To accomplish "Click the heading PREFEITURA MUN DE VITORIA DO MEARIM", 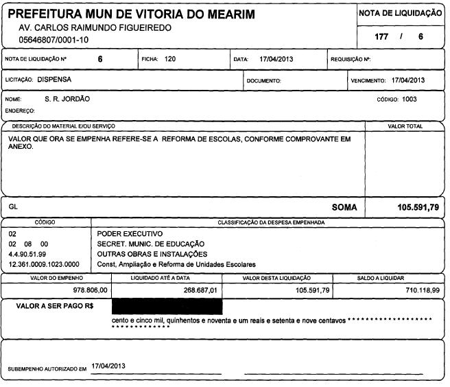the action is coord(130,14).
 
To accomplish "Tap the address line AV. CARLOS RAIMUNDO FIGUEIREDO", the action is coord(95,28).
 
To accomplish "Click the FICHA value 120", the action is coord(170,60).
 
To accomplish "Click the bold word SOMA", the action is coord(344,207).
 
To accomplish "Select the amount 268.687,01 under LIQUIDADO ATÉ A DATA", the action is coord(198,291).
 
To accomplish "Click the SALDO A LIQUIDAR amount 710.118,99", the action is coord(421,291).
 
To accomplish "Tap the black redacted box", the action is coord(167,306).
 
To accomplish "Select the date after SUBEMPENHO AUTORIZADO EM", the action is coord(108,367).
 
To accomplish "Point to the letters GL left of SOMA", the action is coord(13,206).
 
